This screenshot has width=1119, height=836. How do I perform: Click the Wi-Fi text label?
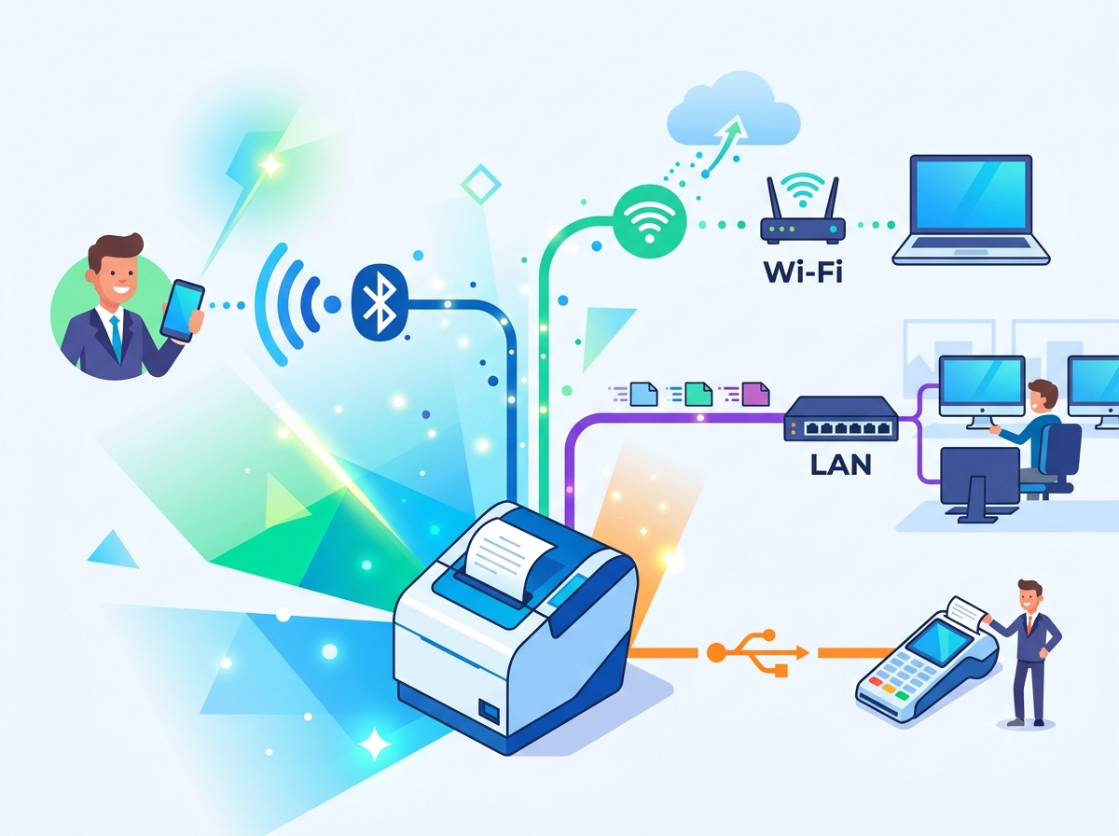coord(803,272)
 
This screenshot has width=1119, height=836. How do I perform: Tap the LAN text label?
coord(841,465)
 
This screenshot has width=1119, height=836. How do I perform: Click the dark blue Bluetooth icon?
coord(380,301)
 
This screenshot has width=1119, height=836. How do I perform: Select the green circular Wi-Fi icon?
coord(649,222)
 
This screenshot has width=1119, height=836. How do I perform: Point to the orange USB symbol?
coord(757,652)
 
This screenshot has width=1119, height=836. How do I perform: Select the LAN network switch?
coord(841,419)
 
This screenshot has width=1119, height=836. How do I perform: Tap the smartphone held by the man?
coord(182,310)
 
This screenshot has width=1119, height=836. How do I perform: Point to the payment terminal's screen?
coord(939,641)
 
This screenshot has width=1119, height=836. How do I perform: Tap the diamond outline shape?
coord(481,185)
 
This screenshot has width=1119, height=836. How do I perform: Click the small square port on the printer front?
coord(489,711)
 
